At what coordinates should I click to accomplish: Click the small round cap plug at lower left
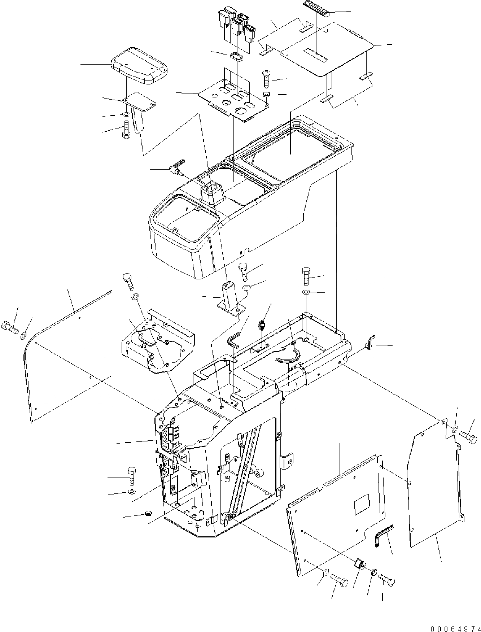(x=149, y=514)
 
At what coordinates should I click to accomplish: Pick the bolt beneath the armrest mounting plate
(x=126, y=129)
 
